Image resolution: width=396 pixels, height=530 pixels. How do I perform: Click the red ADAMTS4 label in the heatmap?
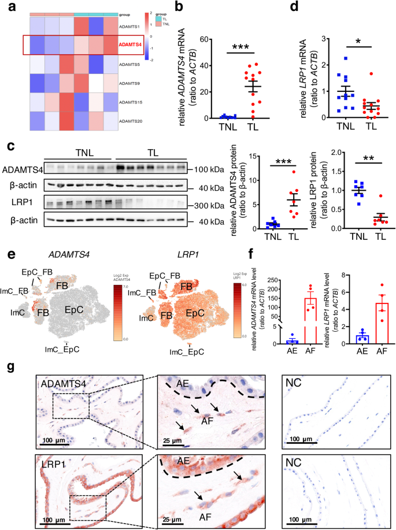point(129,44)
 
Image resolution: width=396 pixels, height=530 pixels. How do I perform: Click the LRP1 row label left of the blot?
point(18,203)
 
